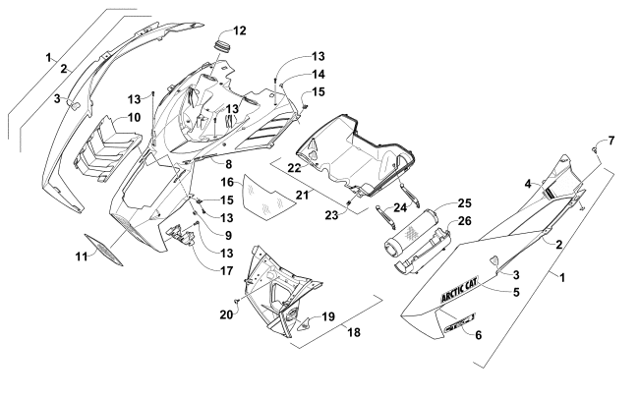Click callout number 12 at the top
(240, 29)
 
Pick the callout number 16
(225, 183)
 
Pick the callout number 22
(294, 169)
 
